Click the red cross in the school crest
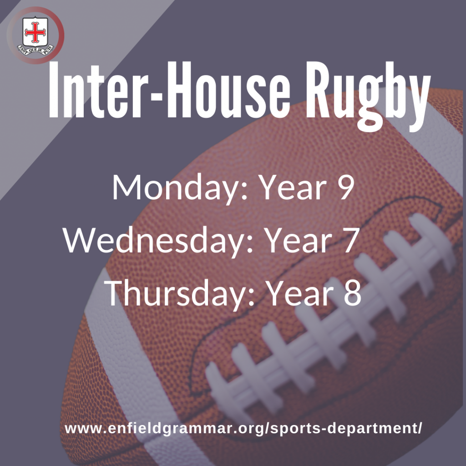[35, 32]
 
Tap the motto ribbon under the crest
[35, 50]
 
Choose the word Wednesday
[157, 241]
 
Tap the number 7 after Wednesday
[350, 240]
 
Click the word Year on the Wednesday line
[299, 240]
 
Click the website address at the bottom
[243, 428]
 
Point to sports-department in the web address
[345, 429]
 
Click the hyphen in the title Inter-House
[156, 96]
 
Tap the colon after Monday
[244, 192]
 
